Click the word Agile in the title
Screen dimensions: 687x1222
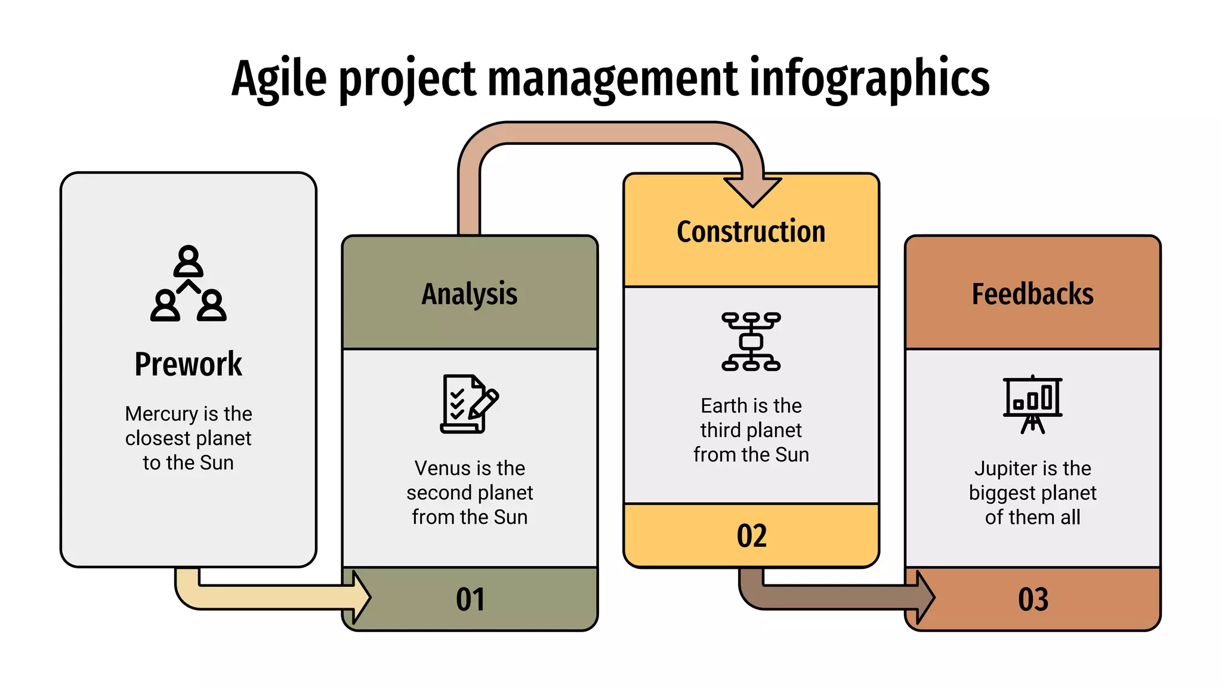click(x=279, y=79)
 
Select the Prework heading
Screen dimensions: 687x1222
click(x=188, y=364)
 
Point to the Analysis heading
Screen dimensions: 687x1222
click(x=470, y=294)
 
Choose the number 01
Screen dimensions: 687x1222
click(x=470, y=599)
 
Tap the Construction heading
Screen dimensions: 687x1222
click(x=751, y=231)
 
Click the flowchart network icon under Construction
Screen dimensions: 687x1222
click(x=751, y=342)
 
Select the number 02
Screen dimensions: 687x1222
click(x=751, y=536)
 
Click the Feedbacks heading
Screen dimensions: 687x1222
click(x=1032, y=294)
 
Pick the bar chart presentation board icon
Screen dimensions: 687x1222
click(x=1032, y=404)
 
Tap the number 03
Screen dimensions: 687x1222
click(x=1033, y=599)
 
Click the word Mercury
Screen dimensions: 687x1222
click(x=161, y=414)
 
